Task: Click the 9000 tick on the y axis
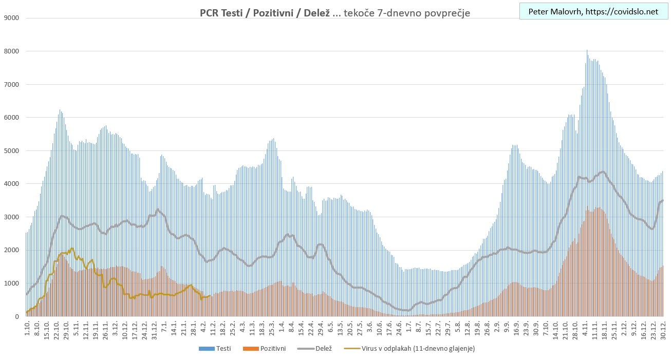coord(11,18)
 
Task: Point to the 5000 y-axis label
coord(11,150)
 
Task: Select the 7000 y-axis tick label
coord(11,84)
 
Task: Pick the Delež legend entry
coord(322,349)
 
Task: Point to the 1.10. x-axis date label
coord(27,327)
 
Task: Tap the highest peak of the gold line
coord(72,248)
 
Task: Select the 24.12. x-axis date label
coord(145,329)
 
